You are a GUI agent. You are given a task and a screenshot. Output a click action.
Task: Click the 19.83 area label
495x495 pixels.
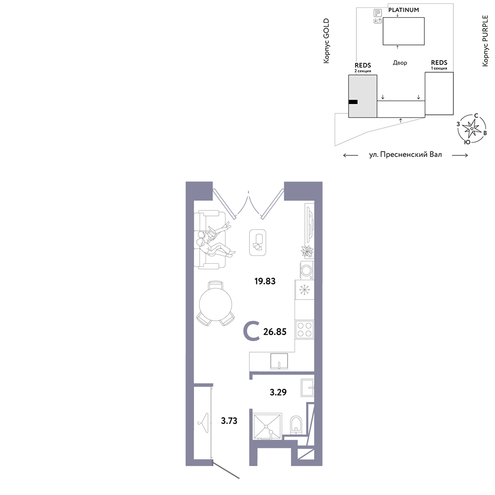tap(265, 281)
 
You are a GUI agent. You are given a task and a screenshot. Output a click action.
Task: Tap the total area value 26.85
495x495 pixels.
tap(275, 332)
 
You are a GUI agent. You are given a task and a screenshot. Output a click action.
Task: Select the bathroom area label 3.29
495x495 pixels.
tap(278, 392)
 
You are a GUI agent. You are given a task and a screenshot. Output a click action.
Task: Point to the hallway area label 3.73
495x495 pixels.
tap(229, 420)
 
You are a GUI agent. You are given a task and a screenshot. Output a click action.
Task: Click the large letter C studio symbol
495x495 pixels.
tap(251, 331)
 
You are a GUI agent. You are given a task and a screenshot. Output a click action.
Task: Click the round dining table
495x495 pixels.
tap(216, 304)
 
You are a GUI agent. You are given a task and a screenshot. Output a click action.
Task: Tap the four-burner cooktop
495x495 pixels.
tap(304, 330)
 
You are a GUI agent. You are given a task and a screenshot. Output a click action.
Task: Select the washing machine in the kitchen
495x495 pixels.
tap(306, 270)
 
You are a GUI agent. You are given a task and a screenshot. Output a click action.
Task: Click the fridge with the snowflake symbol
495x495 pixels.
tap(304, 290)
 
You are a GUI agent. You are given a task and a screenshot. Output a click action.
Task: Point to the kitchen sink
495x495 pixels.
tap(279, 361)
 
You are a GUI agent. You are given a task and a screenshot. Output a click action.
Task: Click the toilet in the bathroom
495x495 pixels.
tap(296, 425)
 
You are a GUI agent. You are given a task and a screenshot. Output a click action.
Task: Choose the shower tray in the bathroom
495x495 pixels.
tap(267, 426)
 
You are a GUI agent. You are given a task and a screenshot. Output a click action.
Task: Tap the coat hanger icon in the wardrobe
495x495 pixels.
tap(203, 423)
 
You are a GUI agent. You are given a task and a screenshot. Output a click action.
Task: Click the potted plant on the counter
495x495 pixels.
tap(307, 251)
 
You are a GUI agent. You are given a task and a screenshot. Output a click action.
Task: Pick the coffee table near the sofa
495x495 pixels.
tap(257, 243)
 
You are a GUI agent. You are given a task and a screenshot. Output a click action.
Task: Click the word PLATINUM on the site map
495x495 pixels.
tap(403, 10)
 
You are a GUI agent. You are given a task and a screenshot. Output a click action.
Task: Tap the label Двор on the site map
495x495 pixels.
tap(400, 63)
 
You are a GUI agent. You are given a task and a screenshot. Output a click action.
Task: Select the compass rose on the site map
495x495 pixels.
tap(472, 129)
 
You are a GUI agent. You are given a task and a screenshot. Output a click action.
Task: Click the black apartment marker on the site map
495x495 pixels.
tap(353, 102)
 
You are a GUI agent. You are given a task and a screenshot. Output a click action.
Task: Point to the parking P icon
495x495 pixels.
tap(378, 13)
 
